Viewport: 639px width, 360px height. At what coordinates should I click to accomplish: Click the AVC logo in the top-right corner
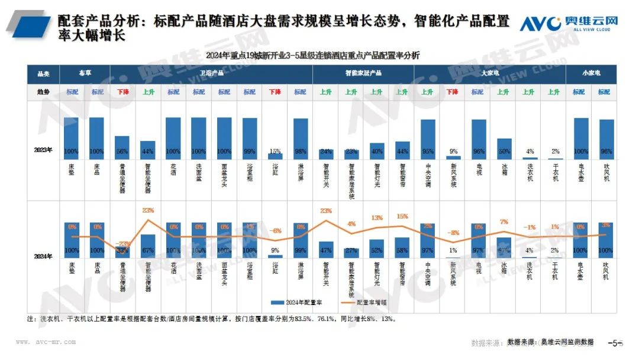pos(569,24)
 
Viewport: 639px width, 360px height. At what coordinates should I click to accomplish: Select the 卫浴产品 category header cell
pos(211,73)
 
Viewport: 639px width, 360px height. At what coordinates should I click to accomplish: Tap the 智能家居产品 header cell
pos(363,73)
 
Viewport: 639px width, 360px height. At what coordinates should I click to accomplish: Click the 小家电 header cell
pos(591,73)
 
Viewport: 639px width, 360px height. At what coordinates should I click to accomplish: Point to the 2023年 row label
pos(43,150)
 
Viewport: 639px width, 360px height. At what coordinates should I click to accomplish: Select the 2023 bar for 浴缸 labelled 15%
pos(276,156)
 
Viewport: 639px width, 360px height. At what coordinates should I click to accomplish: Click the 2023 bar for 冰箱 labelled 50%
pos(504,149)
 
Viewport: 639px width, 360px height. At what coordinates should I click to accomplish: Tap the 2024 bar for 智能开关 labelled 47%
pos(326,249)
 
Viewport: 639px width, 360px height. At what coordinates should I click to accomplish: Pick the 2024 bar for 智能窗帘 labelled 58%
pos(402,247)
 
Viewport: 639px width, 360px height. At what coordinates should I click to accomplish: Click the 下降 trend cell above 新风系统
pos(453,92)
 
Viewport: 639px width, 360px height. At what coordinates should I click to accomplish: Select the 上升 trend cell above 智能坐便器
pos(148,92)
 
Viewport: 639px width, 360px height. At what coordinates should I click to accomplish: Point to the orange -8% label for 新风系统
pos(453,233)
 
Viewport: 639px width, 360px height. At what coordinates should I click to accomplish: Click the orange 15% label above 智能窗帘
pos(402,216)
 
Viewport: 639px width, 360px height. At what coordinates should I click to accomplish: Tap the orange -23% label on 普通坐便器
pos(122,244)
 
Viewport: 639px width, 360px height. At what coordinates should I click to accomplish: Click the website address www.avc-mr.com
pos(46,342)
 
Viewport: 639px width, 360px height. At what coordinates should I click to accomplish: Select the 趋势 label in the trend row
pos(43,92)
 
